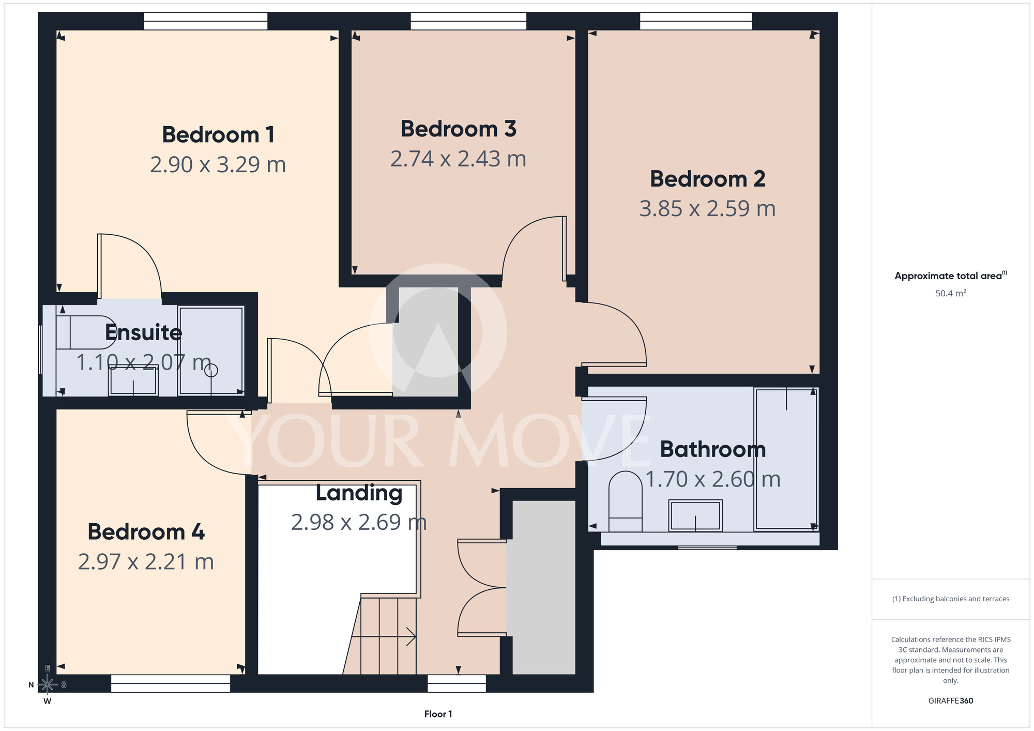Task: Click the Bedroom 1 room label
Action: pyautogui.click(x=218, y=135)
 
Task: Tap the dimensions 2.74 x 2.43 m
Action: pyautogui.click(x=458, y=159)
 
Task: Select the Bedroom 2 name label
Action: pyautogui.click(x=707, y=179)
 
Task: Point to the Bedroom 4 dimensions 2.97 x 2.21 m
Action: pyautogui.click(x=146, y=561)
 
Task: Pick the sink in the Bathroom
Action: pyautogui.click(x=695, y=515)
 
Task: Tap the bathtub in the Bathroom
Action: pyautogui.click(x=786, y=459)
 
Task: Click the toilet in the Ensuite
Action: pyautogui.click(x=86, y=332)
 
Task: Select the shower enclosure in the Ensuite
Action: pyautogui.click(x=211, y=351)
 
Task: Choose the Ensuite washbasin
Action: pyautogui.click(x=133, y=381)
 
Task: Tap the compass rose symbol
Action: pyautogui.click(x=47, y=684)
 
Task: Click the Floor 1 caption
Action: pyautogui.click(x=438, y=714)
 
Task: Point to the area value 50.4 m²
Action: pyautogui.click(x=951, y=293)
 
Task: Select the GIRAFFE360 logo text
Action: pyautogui.click(x=950, y=701)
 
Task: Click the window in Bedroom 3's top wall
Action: pyautogui.click(x=468, y=21)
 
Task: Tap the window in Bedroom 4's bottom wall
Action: pyautogui.click(x=171, y=683)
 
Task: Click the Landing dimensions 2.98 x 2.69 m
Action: pyautogui.click(x=359, y=522)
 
